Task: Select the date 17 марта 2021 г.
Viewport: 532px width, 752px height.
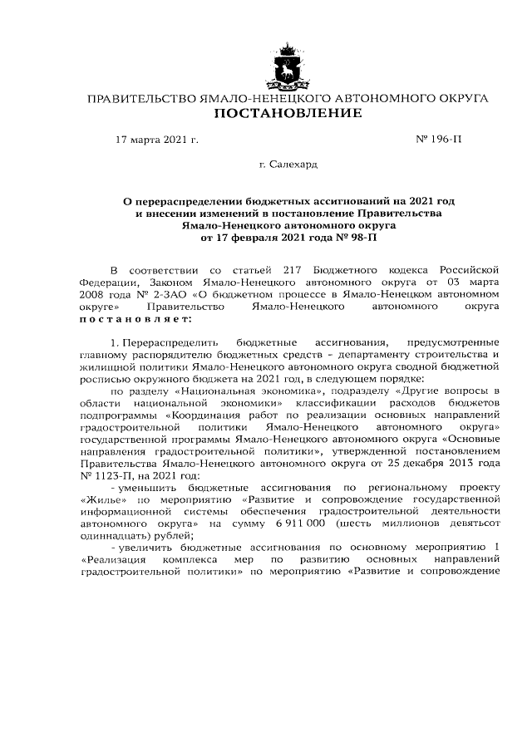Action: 157,140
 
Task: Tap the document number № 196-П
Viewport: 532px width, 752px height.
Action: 437,140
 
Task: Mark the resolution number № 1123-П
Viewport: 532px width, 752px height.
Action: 108,475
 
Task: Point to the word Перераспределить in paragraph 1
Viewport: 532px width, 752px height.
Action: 170,342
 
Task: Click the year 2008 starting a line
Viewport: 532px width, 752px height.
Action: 93,294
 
